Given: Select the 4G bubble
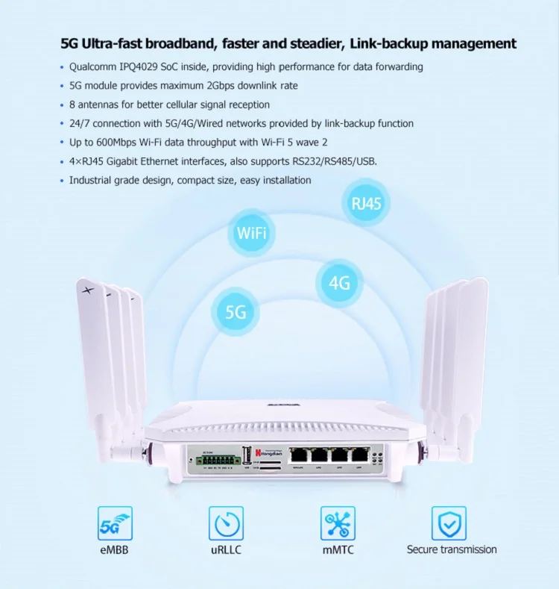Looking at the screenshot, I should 339,283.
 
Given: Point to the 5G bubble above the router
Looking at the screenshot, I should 236,311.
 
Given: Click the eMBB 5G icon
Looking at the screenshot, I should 115,523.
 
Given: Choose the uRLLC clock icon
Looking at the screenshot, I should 226,523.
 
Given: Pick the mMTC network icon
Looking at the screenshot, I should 338,523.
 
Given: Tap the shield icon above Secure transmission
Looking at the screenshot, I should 449,523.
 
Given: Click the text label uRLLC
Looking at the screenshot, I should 227,550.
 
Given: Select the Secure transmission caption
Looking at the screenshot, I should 452,549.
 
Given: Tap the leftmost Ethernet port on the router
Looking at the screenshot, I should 300,455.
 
